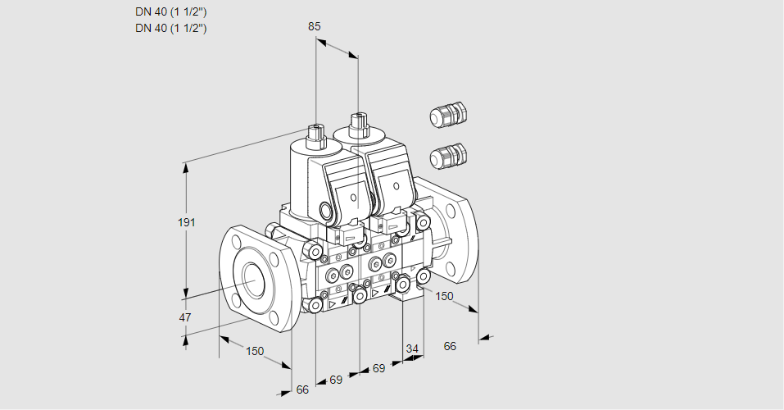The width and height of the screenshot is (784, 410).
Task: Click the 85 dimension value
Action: click(314, 26)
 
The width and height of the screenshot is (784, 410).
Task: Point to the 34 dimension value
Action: click(411, 349)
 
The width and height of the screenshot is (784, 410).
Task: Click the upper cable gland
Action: click(447, 116)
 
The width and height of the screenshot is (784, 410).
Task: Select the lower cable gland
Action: click(447, 155)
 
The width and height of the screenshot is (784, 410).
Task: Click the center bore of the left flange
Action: click(251, 279)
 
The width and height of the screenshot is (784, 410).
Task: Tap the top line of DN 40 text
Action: click(170, 11)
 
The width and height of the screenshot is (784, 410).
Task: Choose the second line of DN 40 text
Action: click(170, 28)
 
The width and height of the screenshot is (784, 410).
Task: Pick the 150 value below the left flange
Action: click(255, 351)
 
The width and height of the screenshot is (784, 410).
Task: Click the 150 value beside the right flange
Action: click(444, 296)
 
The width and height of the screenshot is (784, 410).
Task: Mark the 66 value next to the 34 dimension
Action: click(450, 346)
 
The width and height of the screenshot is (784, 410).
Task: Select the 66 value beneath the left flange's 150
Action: click(302, 389)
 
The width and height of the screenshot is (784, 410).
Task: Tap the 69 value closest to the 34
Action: click(378, 369)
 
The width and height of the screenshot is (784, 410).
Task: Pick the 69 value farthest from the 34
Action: click(336, 380)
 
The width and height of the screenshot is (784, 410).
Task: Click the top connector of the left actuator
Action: click(315, 132)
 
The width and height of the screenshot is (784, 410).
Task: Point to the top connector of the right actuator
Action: click(357, 125)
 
